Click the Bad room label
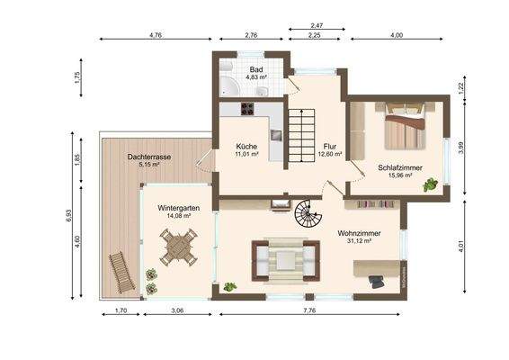(x=256, y=69)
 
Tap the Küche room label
(x=246, y=147)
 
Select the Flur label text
(x=329, y=147)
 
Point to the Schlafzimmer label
(x=400, y=167)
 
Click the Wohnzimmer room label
(x=359, y=233)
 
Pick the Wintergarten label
(x=179, y=208)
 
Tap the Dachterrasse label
(x=149, y=157)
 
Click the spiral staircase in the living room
(x=308, y=213)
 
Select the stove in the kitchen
(x=247, y=109)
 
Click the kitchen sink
(x=277, y=134)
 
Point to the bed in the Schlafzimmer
(x=405, y=126)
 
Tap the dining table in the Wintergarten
(x=178, y=247)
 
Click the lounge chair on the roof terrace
(x=121, y=273)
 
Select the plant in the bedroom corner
(x=430, y=184)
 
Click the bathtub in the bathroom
(x=229, y=86)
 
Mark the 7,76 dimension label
(x=309, y=310)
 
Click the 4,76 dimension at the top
(x=156, y=35)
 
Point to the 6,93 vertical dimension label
(x=68, y=215)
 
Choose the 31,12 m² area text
(x=359, y=241)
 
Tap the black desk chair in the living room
(x=377, y=282)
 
